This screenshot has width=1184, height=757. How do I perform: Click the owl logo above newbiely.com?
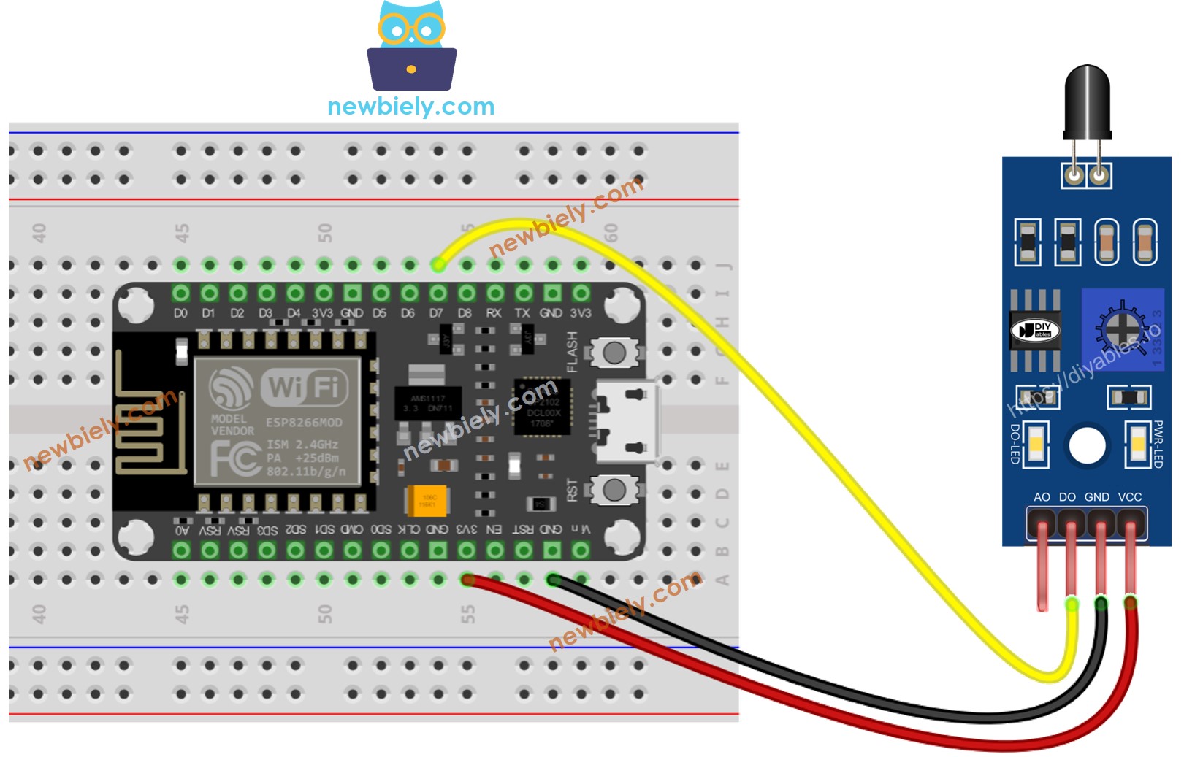[x=411, y=46]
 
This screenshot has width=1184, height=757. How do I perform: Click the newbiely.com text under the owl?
[x=410, y=107]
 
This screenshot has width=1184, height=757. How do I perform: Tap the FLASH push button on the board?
[x=614, y=353]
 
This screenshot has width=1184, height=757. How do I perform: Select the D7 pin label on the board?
[x=436, y=313]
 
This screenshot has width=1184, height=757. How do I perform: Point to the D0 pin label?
[x=180, y=313]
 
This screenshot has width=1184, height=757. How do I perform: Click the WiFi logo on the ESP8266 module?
[x=305, y=387]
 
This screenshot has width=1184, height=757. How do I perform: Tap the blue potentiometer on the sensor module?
[x=1122, y=329]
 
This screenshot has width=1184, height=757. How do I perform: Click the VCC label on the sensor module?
[x=1129, y=497]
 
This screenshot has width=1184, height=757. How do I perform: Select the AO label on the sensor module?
[x=1042, y=497]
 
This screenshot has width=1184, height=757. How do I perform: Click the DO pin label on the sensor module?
[x=1067, y=497]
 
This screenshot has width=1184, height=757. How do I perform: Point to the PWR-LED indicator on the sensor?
[x=1137, y=445]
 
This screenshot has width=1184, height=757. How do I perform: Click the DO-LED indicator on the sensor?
[x=1036, y=445]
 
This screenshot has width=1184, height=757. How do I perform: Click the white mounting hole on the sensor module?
[x=1087, y=445]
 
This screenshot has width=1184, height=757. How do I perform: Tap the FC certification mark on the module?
[x=234, y=458]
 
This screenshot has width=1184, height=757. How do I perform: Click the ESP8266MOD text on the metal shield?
[x=303, y=423]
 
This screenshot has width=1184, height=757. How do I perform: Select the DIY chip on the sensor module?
[x=1035, y=331]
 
